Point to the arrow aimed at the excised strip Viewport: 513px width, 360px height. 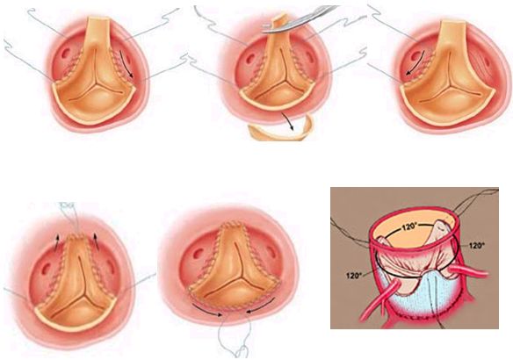287,121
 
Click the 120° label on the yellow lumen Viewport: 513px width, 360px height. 408,227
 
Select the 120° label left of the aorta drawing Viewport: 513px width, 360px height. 353,276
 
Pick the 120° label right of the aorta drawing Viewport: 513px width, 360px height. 476,245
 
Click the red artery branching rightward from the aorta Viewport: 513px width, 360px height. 468,270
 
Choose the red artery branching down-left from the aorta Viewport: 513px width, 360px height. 379,299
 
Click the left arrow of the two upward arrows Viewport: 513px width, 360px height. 56,241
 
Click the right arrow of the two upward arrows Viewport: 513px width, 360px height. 97,241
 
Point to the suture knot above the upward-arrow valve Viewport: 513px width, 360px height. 69,205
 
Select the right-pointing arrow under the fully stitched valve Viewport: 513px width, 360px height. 207,310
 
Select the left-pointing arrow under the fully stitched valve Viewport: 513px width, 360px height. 261,307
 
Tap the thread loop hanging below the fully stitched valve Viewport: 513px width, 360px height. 242,352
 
